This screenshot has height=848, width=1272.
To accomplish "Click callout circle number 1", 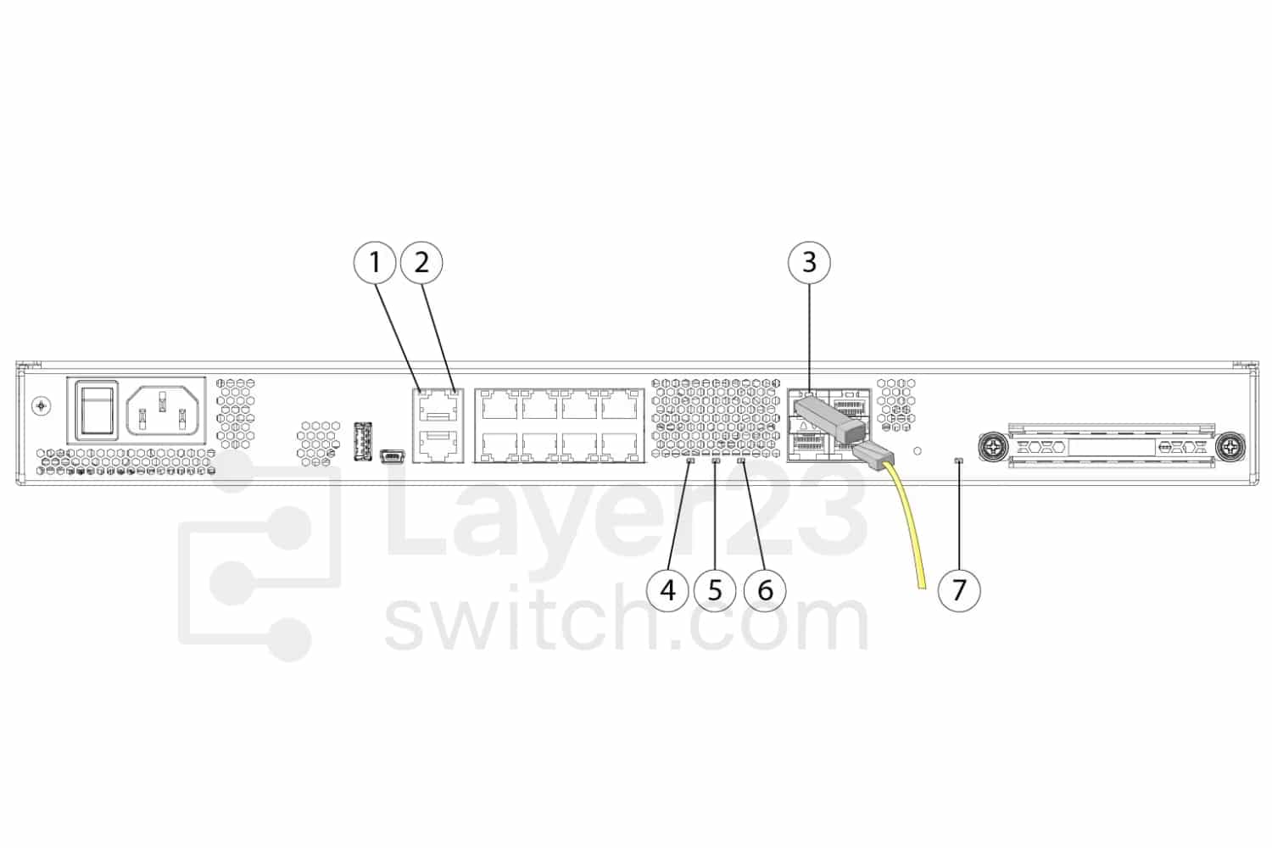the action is [x=374, y=262].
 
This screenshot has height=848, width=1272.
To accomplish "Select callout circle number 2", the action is [x=421, y=262].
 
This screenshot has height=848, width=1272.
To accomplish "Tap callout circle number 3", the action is [x=809, y=262].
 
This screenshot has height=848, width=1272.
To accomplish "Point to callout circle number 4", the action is [x=668, y=591].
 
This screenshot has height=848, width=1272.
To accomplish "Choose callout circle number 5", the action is [x=715, y=591].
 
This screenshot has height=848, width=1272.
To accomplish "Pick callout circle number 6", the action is [x=765, y=591].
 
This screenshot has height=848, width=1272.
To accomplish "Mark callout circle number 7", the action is [x=959, y=591].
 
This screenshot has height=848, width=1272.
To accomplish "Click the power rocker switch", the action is [x=97, y=410].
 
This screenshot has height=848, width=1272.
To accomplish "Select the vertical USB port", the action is [x=362, y=441].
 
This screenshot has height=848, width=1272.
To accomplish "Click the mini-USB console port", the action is [x=392, y=455].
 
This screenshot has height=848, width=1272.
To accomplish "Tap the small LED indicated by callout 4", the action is [x=690, y=461].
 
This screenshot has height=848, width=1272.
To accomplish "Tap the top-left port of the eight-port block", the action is [x=499, y=405].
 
